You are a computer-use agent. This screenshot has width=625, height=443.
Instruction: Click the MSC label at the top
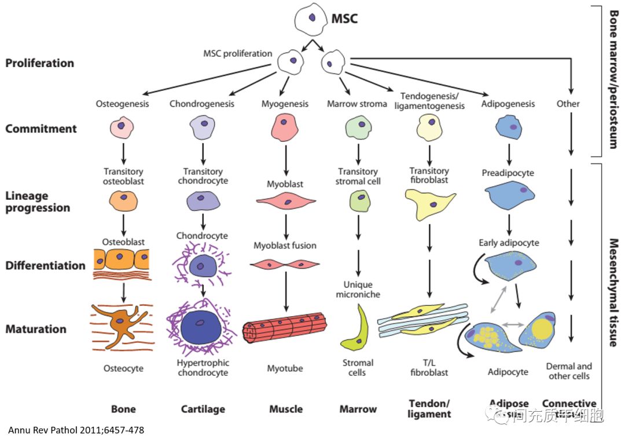click(x=344, y=19)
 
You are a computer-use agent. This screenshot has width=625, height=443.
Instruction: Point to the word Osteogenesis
click(x=122, y=104)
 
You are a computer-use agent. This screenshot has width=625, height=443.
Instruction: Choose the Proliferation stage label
click(x=40, y=63)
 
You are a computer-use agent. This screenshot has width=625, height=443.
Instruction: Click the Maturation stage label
click(x=36, y=329)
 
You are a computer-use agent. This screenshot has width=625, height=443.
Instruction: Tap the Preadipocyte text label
click(x=508, y=173)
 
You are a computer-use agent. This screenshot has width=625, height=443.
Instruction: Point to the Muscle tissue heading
click(x=286, y=409)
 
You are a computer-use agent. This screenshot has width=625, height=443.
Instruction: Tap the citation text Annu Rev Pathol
click(x=76, y=430)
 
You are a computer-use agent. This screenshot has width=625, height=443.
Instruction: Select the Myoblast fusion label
click(x=285, y=246)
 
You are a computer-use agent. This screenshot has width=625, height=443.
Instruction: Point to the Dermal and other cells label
click(x=569, y=371)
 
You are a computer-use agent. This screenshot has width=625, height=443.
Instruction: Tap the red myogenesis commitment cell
click(x=285, y=127)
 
